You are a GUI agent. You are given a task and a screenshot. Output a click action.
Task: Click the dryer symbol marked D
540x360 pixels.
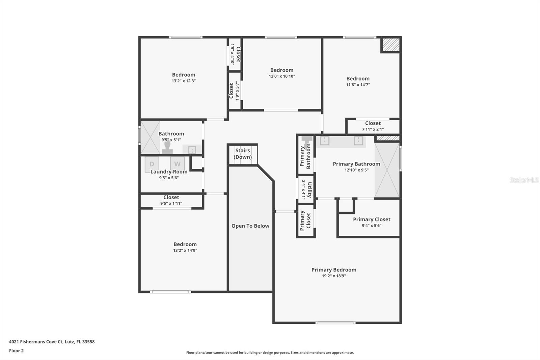(152, 164)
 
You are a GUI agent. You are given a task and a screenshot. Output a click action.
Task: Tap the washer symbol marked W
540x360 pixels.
(177, 164)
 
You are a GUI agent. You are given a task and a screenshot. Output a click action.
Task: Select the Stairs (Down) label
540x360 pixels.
(243, 154)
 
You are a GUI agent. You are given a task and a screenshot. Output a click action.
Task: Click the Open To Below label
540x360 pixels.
(250, 226)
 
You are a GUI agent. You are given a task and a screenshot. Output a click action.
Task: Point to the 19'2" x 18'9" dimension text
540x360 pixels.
(334, 276)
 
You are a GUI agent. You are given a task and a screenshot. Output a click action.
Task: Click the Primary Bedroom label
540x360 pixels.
(334, 269)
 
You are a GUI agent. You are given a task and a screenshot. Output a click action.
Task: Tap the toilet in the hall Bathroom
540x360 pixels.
(167, 148)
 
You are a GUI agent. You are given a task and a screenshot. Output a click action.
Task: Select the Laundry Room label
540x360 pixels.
(169, 172)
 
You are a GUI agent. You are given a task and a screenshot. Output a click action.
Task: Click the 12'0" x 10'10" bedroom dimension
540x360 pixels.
(282, 76)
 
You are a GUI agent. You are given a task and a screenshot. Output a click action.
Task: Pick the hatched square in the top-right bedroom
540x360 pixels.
(391, 45)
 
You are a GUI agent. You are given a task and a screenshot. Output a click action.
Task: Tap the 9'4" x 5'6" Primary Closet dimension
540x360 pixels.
(372, 226)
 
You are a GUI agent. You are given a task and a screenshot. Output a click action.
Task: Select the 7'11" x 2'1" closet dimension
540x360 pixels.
(373, 129)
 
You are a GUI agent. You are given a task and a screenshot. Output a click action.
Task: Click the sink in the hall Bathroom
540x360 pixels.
(192, 150)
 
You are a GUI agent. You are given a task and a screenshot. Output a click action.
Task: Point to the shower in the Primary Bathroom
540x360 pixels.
(387, 170)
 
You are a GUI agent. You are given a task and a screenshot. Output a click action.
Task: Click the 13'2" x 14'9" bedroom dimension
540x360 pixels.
(185, 251)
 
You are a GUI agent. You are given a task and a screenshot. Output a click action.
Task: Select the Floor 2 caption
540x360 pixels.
(16, 351)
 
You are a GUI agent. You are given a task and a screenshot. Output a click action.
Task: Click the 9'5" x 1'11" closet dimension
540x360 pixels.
(171, 204)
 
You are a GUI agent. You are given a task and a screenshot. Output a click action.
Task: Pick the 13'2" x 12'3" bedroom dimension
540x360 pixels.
(184, 81)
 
